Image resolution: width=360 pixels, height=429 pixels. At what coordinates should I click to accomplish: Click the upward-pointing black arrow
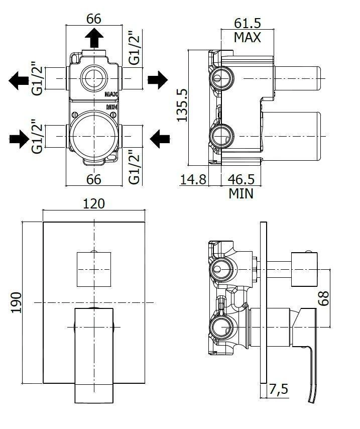point(94,38)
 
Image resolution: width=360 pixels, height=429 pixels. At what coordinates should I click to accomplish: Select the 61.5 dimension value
point(248,23)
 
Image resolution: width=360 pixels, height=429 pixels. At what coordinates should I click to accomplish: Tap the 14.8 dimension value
point(193,179)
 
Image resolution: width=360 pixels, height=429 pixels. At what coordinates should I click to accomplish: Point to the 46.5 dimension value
point(241,179)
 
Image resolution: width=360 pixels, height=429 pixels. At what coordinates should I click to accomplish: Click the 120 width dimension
point(94,203)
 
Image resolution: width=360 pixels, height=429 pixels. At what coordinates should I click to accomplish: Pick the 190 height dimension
point(16,302)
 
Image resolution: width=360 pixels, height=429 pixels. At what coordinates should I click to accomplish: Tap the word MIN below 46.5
point(241,193)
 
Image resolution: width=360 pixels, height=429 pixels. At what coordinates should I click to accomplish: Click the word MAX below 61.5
point(248,37)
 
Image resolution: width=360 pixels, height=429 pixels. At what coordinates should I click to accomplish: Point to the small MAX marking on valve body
point(111,94)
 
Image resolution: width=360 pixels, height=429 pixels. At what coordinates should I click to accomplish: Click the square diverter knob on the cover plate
point(94,269)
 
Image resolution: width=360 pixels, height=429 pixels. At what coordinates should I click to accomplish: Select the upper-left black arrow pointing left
point(19,79)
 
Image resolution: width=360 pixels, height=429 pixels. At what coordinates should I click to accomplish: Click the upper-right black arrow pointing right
point(157,79)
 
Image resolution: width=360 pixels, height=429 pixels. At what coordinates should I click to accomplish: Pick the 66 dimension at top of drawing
point(94,19)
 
